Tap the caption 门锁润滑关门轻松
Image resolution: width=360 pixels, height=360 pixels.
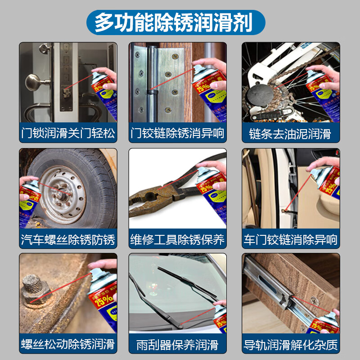pos(68,134)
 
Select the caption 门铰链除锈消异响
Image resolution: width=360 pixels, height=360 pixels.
pos(177,134)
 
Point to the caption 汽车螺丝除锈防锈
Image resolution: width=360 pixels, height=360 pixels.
pos(68,239)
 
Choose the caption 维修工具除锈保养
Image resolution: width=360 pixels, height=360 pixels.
pos(177,239)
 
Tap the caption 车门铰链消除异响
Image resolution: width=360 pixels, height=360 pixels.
pos(290,239)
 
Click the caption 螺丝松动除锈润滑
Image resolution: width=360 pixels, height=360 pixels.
pos(68,345)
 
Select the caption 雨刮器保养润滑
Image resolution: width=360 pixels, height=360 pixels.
pos(177,345)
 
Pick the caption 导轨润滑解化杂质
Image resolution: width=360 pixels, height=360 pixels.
pos(290,345)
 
